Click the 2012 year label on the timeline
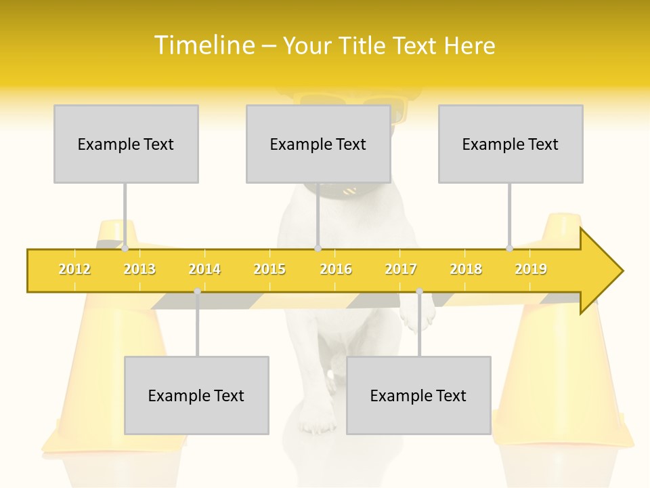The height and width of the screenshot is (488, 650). [74, 269]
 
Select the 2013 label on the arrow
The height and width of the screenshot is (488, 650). [139, 269]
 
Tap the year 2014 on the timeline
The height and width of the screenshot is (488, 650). [204, 269]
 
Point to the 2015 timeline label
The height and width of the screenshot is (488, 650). [269, 269]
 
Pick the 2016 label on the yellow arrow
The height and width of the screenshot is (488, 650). [336, 269]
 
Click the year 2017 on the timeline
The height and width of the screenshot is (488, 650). [401, 269]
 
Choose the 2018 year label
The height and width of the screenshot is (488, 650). [466, 269]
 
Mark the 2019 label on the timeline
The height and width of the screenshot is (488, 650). [531, 269]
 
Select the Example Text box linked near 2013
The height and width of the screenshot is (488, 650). [126, 144]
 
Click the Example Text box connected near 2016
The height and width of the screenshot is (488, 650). [318, 144]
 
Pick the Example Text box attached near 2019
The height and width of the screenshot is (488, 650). [511, 144]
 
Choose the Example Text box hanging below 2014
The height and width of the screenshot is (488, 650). [196, 395]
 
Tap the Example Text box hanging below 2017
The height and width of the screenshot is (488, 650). [418, 395]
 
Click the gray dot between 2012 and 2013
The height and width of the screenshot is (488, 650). [125, 248]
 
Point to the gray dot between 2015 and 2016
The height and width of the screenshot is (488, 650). [318, 248]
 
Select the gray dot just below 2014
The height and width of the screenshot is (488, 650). [197, 291]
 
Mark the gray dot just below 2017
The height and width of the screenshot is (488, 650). [419, 291]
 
